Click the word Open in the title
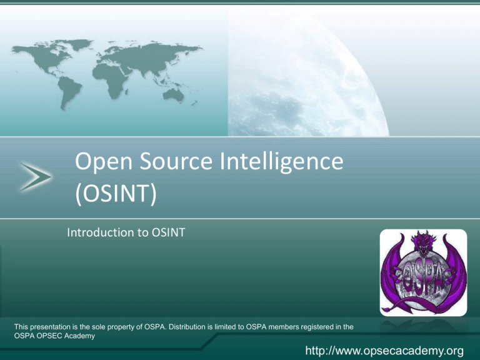(x=104, y=162)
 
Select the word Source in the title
(x=176, y=161)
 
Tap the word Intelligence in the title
(x=282, y=162)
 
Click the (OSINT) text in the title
(x=116, y=194)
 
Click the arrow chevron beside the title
(x=36, y=177)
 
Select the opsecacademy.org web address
(x=384, y=351)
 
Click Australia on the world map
(x=174, y=94)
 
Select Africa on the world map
(x=111, y=79)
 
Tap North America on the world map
(x=46, y=57)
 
